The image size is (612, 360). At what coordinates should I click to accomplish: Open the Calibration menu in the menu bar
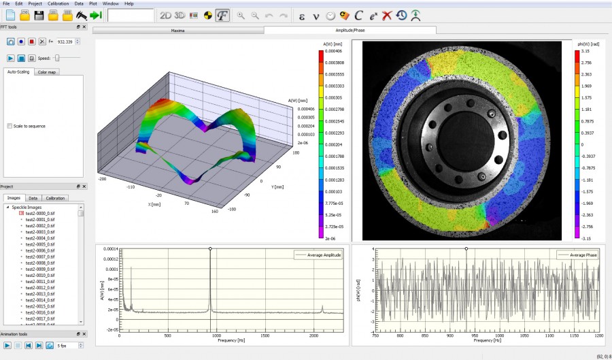[58, 3]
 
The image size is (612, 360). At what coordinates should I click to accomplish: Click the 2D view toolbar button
[165, 15]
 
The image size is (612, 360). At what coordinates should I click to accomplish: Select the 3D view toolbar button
[180, 15]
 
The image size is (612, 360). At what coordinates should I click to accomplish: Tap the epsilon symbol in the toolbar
[302, 15]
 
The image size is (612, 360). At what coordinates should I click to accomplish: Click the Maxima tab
[177, 31]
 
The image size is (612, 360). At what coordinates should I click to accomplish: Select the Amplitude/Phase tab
[350, 31]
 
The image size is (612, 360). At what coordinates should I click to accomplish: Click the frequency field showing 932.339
[66, 42]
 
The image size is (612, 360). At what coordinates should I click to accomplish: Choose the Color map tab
[47, 71]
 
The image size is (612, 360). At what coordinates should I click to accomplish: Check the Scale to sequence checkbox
[10, 126]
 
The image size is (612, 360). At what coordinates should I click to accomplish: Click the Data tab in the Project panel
[33, 198]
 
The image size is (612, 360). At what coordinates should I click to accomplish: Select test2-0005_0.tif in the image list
[39, 244]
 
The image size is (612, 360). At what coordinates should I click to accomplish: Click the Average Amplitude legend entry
[318, 255]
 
